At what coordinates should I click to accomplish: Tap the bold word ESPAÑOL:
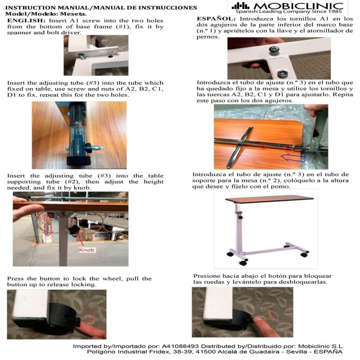coord(216,19)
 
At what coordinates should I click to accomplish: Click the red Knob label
coord(86,250)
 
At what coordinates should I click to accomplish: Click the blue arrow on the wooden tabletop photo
coord(293,158)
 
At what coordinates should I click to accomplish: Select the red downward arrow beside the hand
coord(48,225)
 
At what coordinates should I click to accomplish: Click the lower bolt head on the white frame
coord(282,74)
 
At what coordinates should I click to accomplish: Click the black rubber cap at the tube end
coord(78,161)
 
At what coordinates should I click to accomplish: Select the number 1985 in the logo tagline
coord(336,12)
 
